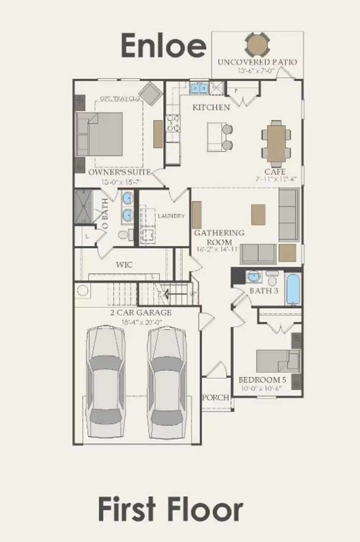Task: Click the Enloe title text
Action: point(163,46)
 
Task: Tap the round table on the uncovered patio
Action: point(257,44)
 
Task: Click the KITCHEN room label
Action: point(211,107)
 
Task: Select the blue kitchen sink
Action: point(199,88)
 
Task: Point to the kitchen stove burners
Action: point(173,124)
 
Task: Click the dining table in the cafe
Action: point(276,144)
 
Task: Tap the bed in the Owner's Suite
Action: point(99,134)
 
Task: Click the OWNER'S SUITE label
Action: point(120,172)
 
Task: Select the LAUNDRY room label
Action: point(171,216)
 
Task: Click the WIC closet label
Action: point(124,265)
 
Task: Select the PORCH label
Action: point(216,397)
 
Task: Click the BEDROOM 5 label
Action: point(262,380)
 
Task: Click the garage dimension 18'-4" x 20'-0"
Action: point(141,322)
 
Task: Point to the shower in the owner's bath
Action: point(83,207)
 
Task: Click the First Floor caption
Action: point(171,509)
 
